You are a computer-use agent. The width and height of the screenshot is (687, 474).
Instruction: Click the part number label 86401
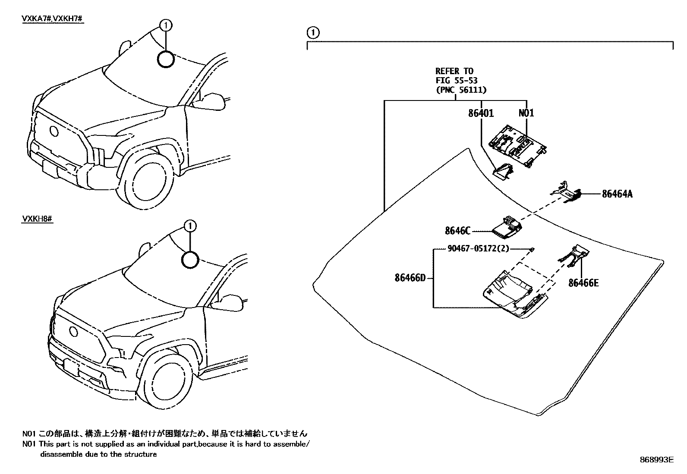[x=481, y=113]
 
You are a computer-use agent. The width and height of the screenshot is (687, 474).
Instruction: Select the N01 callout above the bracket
[x=526, y=113]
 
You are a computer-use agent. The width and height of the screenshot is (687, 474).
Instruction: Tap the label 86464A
[x=617, y=194]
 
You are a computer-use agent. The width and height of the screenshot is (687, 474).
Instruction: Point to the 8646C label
[x=457, y=231]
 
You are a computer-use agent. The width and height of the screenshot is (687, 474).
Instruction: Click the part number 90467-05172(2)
[x=473, y=249]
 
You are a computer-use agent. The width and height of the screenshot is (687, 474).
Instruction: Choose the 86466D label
[x=410, y=278]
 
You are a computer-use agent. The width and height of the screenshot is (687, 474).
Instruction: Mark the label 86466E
[x=583, y=283]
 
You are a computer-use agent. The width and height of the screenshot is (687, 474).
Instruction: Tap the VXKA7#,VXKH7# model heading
[x=52, y=19]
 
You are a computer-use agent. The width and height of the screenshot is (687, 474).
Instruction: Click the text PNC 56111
[x=461, y=90]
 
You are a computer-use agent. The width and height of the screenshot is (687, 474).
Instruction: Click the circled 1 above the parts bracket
[x=313, y=32]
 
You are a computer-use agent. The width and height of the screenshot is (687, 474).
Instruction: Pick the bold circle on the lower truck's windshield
[x=190, y=260]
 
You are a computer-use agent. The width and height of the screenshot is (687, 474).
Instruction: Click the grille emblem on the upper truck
[x=55, y=131]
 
